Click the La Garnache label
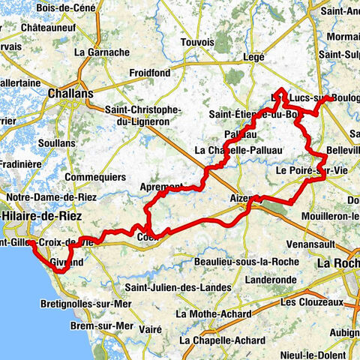[97, 53]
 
